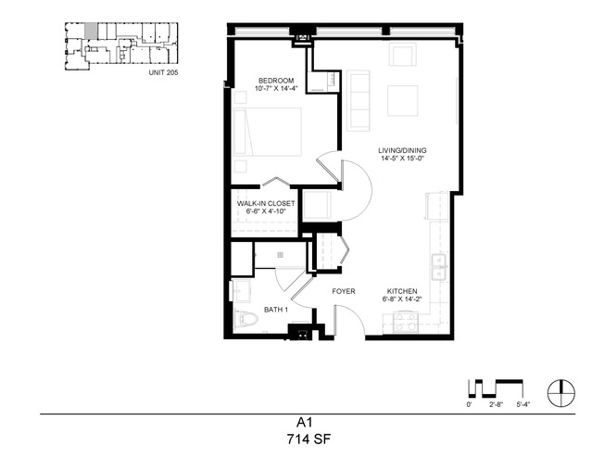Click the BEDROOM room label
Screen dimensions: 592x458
(276, 81)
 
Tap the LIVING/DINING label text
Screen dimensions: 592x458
(402, 150)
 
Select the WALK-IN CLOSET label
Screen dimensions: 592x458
(266, 203)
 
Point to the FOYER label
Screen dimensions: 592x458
(344, 291)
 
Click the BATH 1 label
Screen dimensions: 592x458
(276, 310)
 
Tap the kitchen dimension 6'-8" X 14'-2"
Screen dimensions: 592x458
(402, 299)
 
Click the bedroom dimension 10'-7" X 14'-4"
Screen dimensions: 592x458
(276, 89)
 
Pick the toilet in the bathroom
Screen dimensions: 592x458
(246, 319)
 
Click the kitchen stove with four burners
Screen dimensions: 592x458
(406, 322)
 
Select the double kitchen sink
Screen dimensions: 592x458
(439, 268)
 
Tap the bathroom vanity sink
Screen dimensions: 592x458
(242, 291)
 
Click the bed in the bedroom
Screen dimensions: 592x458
(268, 132)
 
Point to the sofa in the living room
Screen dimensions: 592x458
(358, 100)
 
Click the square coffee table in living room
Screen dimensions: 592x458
(402, 100)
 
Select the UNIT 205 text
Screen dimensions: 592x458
(163, 72)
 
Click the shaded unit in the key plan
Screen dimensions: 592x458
(91, 31)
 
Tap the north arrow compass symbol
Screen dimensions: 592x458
(561, 393)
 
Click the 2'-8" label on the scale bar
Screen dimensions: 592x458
(496, 404)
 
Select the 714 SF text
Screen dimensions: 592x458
(309, 439)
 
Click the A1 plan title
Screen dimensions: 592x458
(304, 422)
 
